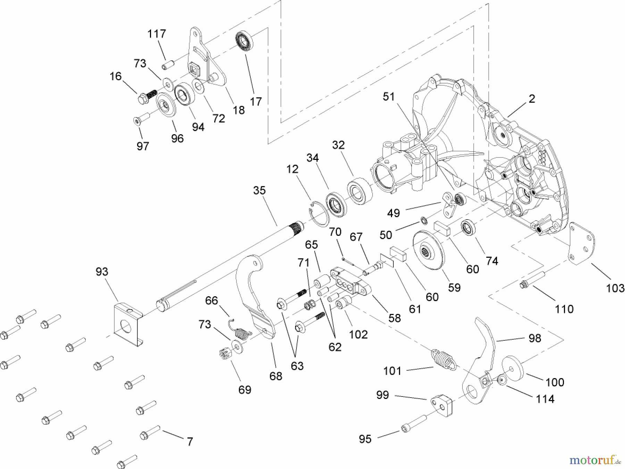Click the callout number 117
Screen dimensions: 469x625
157,34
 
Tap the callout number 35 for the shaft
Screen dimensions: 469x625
259,190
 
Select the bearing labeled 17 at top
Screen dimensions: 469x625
244,40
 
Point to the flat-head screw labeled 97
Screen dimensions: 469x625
140,118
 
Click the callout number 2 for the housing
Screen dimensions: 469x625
532,99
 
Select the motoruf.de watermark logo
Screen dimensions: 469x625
594,460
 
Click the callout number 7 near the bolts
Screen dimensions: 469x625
190,442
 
